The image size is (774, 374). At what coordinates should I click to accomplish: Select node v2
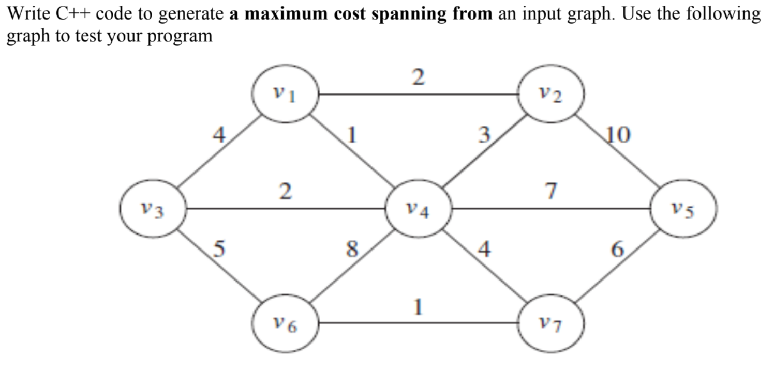coord(552,95)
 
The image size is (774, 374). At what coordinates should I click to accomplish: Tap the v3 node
coord(153,209)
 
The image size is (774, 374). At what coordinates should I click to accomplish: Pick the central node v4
coord(419,209)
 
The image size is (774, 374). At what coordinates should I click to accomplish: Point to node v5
coord(684,209)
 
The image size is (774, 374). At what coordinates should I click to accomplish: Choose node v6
coord(285,324)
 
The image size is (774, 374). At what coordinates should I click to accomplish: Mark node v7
coord(552,324)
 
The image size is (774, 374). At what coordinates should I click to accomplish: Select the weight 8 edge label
coord(352,250)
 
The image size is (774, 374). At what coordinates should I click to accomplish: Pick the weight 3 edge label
coord(484,135)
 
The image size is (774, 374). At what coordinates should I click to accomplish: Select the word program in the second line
coord(180,36)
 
